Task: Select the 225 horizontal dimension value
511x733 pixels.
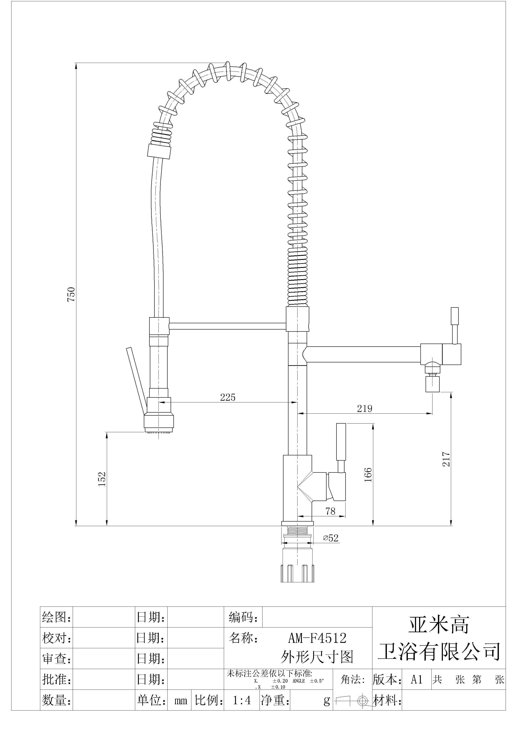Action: coord(227,397)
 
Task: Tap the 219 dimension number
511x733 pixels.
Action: coord(364,408)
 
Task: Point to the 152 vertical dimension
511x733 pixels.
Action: coord(102,479)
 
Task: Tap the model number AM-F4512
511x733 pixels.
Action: coord(317,638)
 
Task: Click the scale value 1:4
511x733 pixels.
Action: coord(242,700)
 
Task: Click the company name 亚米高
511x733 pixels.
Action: coord(439,625)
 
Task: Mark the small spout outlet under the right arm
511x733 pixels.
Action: coord(432,384)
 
